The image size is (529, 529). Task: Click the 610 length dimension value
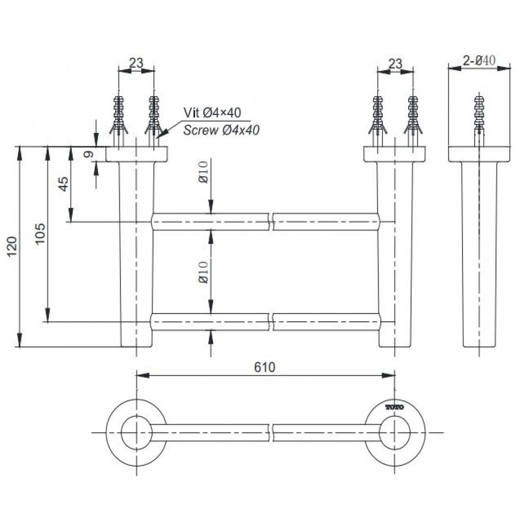[264, 367]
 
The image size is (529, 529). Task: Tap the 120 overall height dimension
[13, 247]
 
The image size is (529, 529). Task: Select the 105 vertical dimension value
[40, 233]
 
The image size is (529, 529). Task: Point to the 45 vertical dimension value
[64, 184]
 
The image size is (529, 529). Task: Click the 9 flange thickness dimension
[88, 154]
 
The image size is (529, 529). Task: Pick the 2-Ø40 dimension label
[479, 61]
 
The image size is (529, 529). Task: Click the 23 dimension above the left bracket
[136, 63]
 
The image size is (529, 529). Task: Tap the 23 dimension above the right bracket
[395, 64]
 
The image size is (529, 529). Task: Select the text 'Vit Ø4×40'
[212, 112]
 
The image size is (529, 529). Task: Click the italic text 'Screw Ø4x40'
[221, 130]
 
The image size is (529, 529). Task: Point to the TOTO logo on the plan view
[395, 408]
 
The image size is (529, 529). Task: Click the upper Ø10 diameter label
[203, 172]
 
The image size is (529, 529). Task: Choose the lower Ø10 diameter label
[203, 272]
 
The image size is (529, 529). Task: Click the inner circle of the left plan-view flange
[136, 433]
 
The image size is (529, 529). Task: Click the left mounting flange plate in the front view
[137, 154]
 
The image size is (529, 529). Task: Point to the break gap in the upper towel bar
[271, 222]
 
